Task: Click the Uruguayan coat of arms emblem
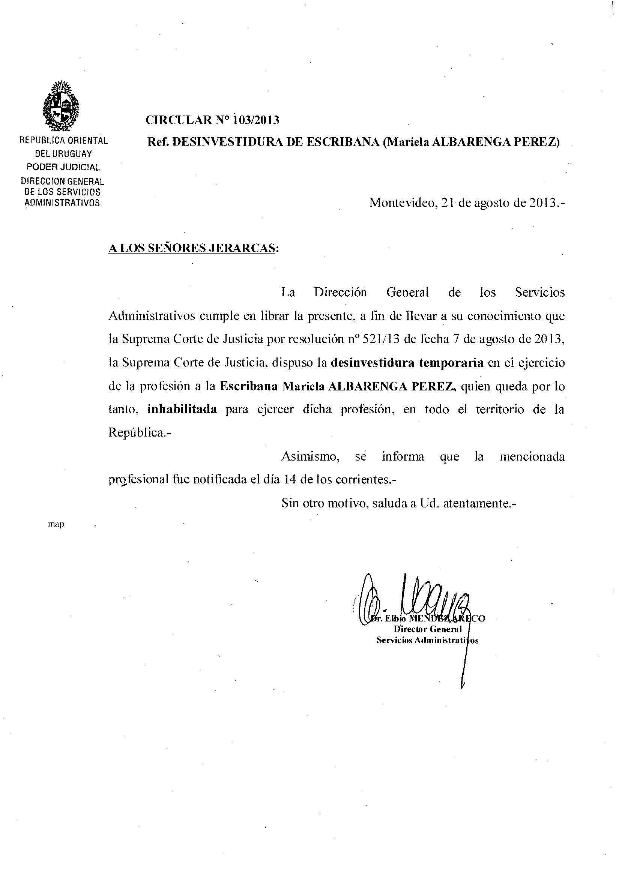pyautogui.click(x=61, y=106)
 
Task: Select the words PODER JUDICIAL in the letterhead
pyautogui.click(x=63, y=167)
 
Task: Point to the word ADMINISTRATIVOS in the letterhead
pyautogui.click(x=62, y=203)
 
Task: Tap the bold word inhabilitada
pyautogui.click(x=182, y=409)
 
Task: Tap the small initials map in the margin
pyautogui.click(x=56, y=524)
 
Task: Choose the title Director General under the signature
pyautogui.click(x=428, y=629)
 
